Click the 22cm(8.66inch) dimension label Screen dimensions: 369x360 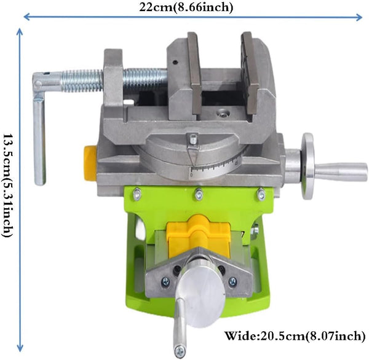coord(186,7)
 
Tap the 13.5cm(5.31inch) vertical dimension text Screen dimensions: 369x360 coord(8,186)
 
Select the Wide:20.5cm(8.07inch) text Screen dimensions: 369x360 coord(295,335)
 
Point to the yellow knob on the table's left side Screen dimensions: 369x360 coord(90,163)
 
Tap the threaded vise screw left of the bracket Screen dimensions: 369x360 coord(82,80)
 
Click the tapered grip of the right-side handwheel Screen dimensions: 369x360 coord(341,171)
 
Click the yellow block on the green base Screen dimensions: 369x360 coord(198,235)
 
